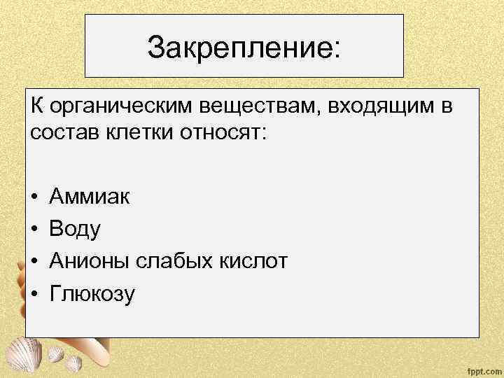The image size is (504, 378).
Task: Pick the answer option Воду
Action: [x=76, y=229]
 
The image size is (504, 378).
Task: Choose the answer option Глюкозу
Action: [x=92, y=294]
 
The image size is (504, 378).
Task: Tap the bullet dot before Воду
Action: [x=35, y=230]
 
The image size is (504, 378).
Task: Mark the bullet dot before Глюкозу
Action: [x=35, y=295]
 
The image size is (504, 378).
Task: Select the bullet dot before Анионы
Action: [x=35, y=262]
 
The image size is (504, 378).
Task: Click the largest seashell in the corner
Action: [x=21, y=350]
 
